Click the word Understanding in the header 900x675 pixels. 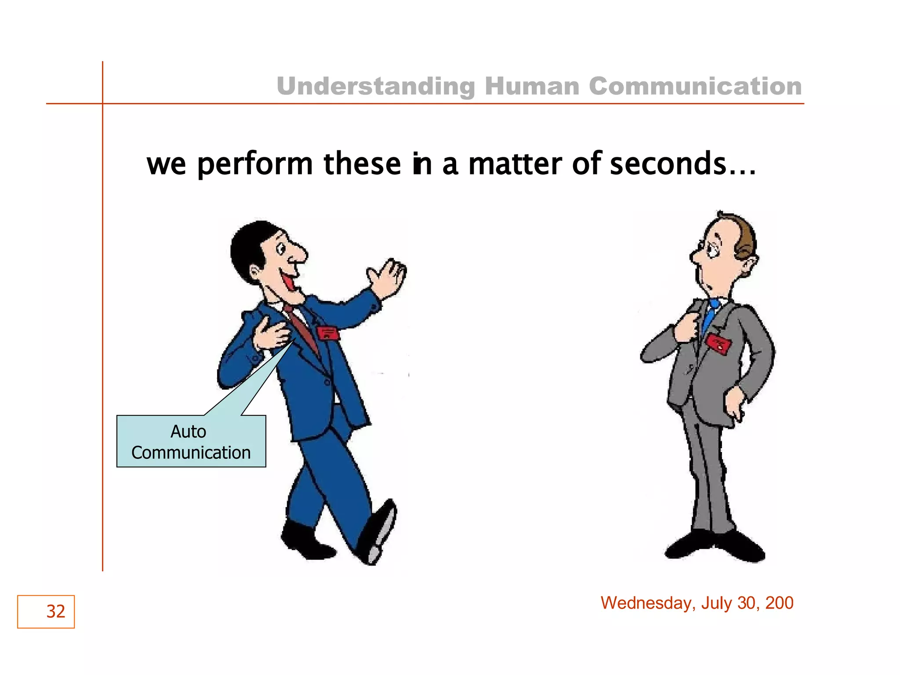point(375,86)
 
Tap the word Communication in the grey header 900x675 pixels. point(695,86)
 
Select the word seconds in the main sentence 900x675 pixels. point(668,163)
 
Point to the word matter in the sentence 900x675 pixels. point(515,163)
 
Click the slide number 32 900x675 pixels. point(55,611)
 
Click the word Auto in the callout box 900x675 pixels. point(188,432)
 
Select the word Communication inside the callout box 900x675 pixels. point(191,453)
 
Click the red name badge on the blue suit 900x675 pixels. point(328,333)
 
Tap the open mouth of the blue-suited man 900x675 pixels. point(289,281)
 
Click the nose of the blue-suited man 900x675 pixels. point(301,254)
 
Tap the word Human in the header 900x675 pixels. point(532,86)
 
